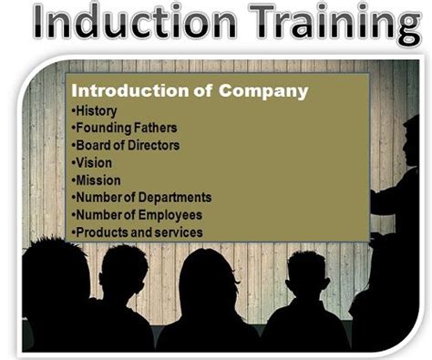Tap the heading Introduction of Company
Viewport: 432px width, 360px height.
tap(190, 91)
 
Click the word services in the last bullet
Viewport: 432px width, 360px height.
tap(178, 231)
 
